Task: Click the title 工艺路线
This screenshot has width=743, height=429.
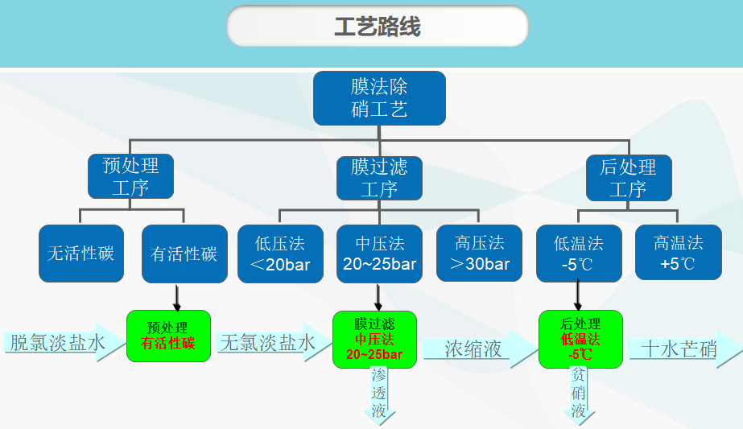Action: [x=378, y=27]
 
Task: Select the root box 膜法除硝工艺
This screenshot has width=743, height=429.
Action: [x=379, y=98]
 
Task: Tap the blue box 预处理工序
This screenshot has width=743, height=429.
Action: [x=130, y=176]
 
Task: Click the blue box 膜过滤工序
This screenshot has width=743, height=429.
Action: [x=379, y=178]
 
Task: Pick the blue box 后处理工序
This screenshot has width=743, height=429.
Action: [x=629, y=178]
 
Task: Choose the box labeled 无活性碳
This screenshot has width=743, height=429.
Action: [x=81, y=254]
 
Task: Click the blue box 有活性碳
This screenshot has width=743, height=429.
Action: [x=184, y=254]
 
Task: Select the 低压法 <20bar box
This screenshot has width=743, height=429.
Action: [x=280, y=254]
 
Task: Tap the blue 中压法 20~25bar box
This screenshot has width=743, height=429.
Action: [x=380, y=254]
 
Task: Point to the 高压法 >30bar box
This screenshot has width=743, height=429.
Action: [x=479, y=253]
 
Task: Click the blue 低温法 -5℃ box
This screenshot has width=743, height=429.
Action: [x=579, y=254]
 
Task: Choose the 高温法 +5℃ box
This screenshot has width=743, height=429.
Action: [x=679, y=252]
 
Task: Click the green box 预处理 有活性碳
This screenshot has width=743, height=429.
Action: [x=168, y=336]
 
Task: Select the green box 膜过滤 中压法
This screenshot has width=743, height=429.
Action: [x=374, y=340]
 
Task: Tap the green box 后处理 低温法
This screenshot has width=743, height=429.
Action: [x=580, y=339]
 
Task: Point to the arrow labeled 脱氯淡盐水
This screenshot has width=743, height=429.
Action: [x=64, y=343]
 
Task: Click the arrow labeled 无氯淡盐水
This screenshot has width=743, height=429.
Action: [x=274, y=343]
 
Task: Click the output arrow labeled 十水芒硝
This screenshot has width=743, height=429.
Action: [x=686, y=349]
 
